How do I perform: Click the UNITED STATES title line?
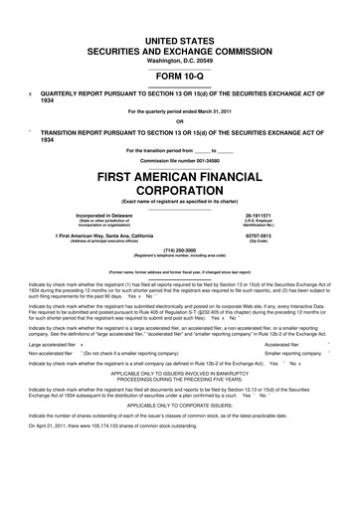(180, 37)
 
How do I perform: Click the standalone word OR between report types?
(180, 122)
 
